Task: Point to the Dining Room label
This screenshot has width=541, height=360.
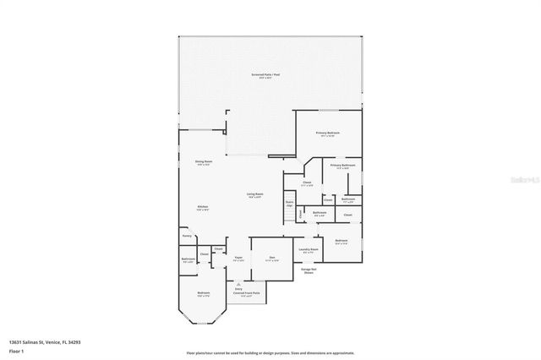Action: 204,162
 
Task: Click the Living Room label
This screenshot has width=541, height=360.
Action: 254,194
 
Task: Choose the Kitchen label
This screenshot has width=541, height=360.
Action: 203,208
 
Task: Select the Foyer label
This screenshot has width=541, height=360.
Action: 238,258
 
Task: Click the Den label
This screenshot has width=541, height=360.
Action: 272,258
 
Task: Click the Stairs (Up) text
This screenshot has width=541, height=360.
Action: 289,204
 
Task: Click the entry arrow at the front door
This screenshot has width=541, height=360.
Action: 238,281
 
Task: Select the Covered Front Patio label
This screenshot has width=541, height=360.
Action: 245,293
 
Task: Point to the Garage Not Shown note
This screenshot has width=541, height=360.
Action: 309,271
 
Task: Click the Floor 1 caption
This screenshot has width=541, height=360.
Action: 17,350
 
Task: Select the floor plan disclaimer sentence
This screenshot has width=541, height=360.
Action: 270,353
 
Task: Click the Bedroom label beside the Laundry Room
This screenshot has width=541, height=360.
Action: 341,242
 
